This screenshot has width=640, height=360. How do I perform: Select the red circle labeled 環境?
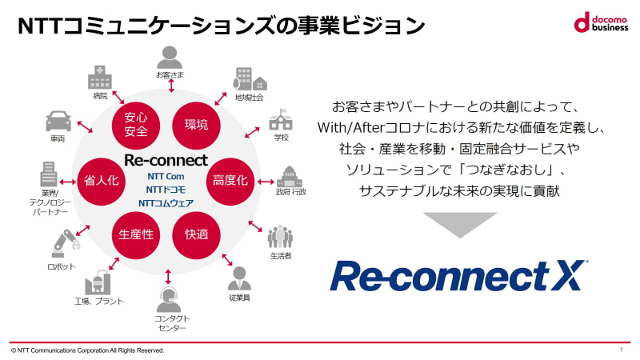tap(196, 124)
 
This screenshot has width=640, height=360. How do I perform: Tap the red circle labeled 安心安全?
tap(135, 125)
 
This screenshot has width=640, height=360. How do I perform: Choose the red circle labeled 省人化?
tap(102, 180)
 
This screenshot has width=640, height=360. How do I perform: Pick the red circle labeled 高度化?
tap(230, 180)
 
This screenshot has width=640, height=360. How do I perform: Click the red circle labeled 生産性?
tap(135, 234)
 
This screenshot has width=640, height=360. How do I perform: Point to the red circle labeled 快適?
tap(196, 234)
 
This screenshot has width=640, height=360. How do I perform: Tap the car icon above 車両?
tap(58, 122)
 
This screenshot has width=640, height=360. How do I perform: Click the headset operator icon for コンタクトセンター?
tap(169, 299)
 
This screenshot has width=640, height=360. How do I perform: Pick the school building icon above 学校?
tap(281, 121)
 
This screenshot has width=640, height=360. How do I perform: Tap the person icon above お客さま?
tap(169, 57)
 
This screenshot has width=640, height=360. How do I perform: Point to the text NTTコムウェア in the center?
tap(166, 203)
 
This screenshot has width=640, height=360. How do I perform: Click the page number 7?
tap(621, 350)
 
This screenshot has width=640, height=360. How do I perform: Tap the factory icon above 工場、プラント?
tap(100, 282)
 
